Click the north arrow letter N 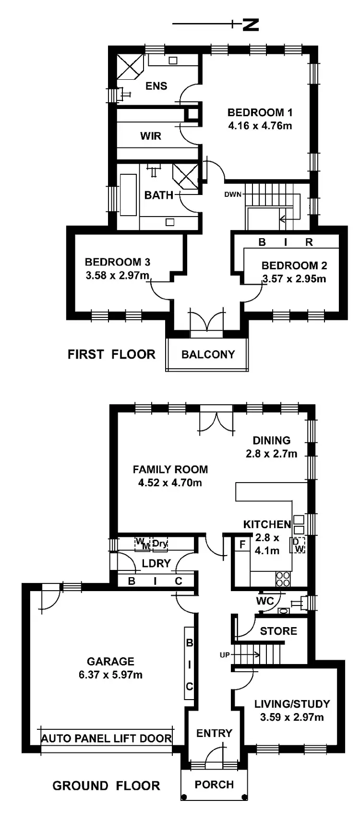(251, 24)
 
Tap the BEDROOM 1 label (260, 113)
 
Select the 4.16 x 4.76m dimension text (260, 126)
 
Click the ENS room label (156, 86)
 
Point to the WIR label (151, 136)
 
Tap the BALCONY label (208, 354)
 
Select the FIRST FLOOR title (111, 354)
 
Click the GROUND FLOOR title (106, 786)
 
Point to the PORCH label (214, 785)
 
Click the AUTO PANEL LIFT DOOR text (107, 738)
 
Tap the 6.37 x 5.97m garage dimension (111, 675)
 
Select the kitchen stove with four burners (283, 579)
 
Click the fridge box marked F (242, 545)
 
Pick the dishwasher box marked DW (298, 545)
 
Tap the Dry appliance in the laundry (160, 544)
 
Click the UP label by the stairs (224, 654)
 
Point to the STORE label (278, 631)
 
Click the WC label (265, 601)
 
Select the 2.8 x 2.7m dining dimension (271, 453)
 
